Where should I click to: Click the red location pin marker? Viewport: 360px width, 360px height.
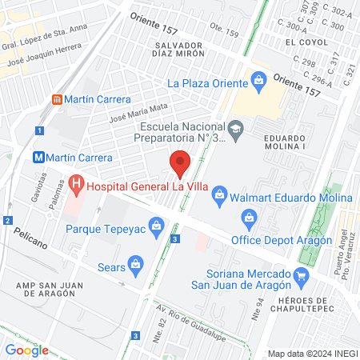[181, 163]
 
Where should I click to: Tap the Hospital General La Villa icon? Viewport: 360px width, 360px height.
[76, 186]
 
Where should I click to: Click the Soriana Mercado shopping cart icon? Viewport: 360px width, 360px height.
[301, 278]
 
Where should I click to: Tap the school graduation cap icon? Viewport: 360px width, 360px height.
[235, 126]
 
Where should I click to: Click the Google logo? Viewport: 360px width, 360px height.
[27, 350]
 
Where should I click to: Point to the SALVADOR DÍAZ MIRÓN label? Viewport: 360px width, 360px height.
[188, 51]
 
